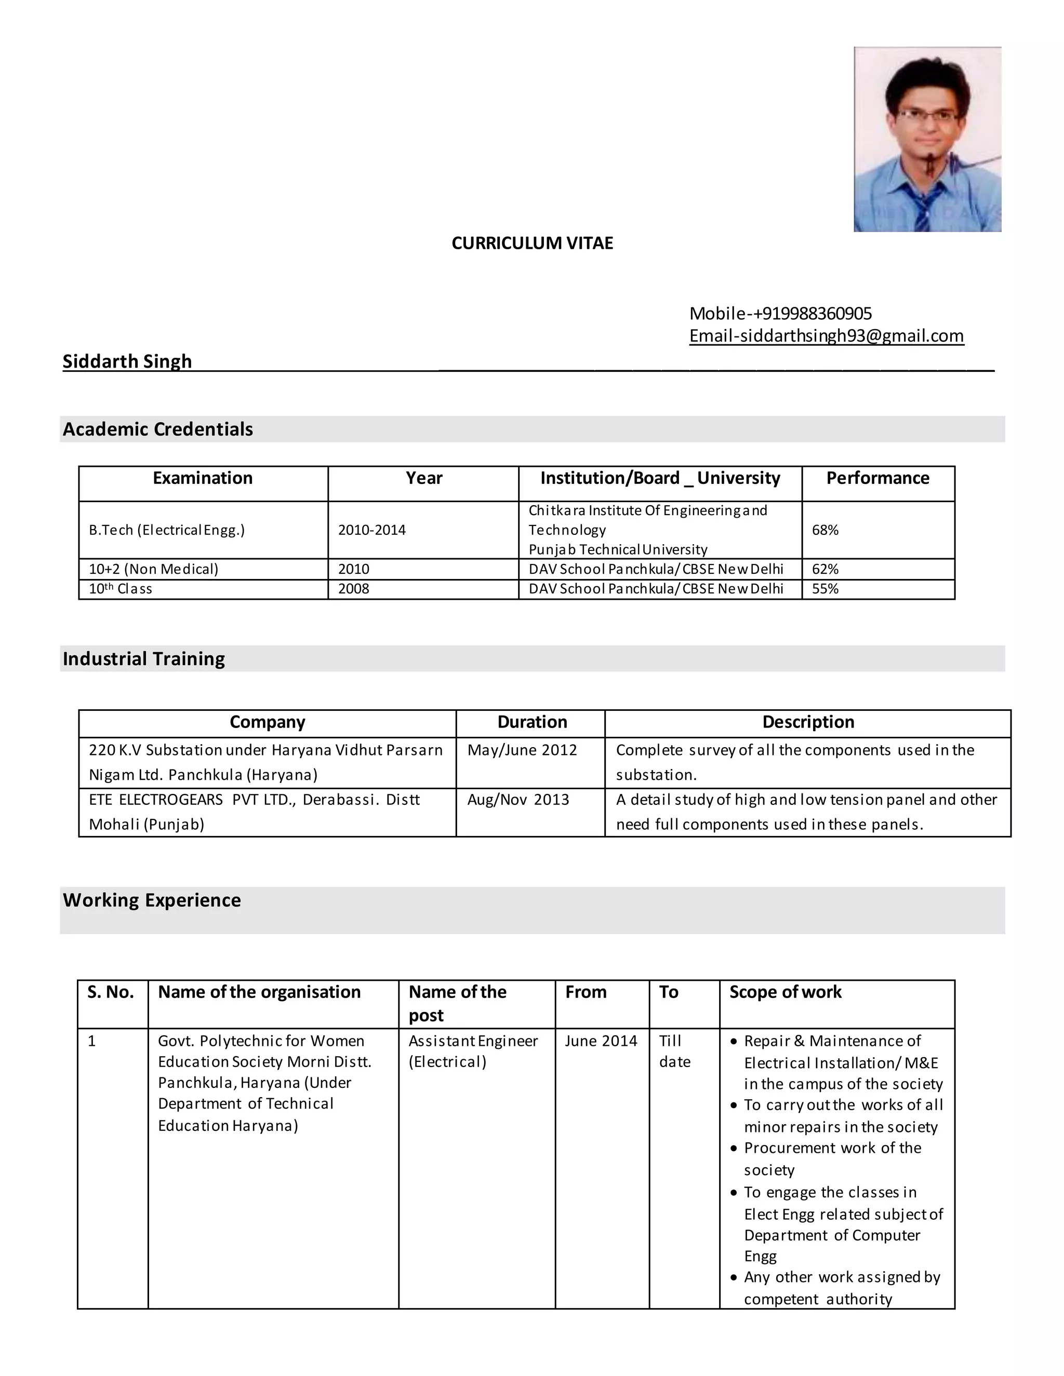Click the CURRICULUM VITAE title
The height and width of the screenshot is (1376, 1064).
click(532, 243)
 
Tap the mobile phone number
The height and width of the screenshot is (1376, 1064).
click(780, 313)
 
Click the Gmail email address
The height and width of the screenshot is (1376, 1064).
click(826, 335)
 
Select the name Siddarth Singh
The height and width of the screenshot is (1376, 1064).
click(127, 361)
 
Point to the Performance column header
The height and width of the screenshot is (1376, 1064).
click(877, 478)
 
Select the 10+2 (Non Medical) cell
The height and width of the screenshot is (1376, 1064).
click(153, 569)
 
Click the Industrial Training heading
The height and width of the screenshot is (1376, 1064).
click(144, 658)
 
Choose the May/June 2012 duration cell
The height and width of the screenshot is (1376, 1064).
click(522, 750)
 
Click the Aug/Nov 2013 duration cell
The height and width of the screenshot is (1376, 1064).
click(518, 800)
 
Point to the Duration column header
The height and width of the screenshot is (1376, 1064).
click(532, 722)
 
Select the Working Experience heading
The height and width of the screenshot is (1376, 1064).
click(151, 900)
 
